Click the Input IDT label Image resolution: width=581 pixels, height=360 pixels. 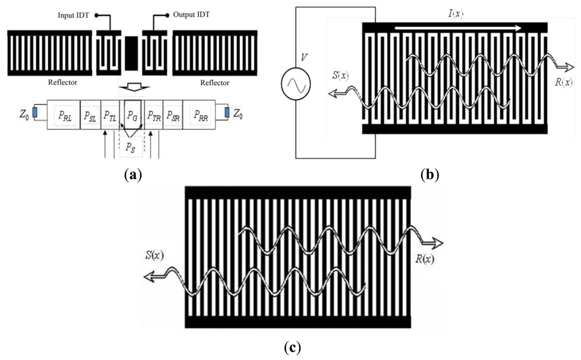[74, 15]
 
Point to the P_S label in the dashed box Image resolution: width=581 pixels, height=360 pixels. [131, 146]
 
